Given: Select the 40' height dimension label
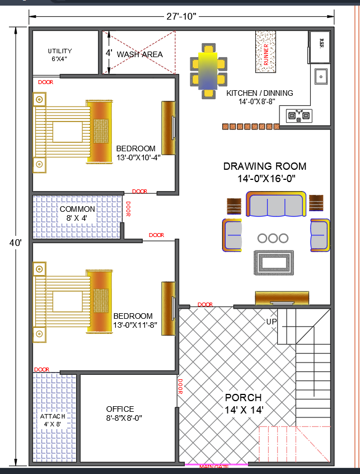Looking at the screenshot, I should tap(15, 243).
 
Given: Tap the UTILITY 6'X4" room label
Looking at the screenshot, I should tap(60, 54).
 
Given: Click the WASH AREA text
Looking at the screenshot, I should tap(139, 54).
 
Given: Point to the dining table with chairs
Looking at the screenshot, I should tap(208, 71).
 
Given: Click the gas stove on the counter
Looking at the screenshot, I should tap(298, 116).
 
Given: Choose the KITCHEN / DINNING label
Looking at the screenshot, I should tap(260, 97).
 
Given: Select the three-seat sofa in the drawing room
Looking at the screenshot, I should tap(277, 205).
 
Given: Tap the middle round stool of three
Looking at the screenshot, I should tap(273, 238).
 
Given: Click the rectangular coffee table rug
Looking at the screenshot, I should tap(273, 262).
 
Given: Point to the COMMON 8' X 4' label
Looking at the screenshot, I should tap(77, 213).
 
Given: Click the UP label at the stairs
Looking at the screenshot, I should tap(272, 322).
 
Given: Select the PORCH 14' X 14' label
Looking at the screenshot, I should tap(244, 403).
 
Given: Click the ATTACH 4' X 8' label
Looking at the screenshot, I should tap(53, 420).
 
